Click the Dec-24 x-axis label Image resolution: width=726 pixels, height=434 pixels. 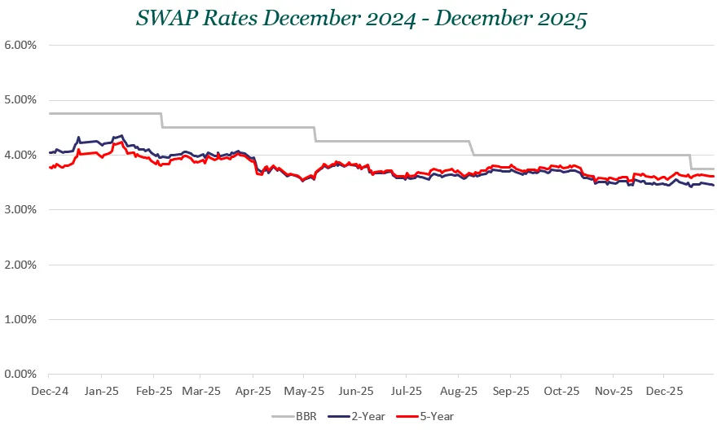[x=49, y=391]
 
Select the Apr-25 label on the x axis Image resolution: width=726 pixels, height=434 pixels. [x=253, y=391]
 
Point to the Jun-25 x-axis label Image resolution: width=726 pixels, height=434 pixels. [x=356, y=391]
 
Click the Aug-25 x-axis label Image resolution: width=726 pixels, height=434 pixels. [x=459, y=391]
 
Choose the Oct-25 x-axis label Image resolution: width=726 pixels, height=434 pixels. [x=561, y=391]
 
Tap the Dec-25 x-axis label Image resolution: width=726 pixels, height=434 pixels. [x=664, y=391]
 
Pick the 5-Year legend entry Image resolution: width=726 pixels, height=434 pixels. [x=424, y=416]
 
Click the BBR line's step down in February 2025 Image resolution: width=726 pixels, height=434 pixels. [x=161, y=120]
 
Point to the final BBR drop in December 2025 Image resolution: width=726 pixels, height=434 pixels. [x=691, y=162]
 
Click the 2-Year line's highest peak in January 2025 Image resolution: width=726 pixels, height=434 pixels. [x=121, y=136]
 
